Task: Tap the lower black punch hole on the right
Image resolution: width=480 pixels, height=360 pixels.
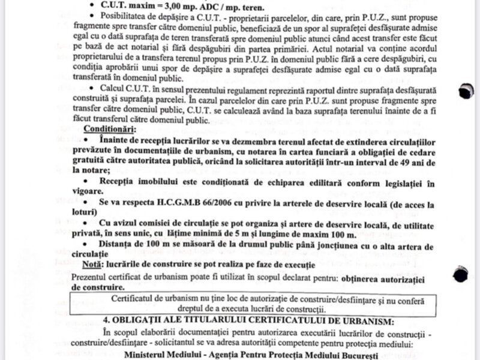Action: point(461,275)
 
